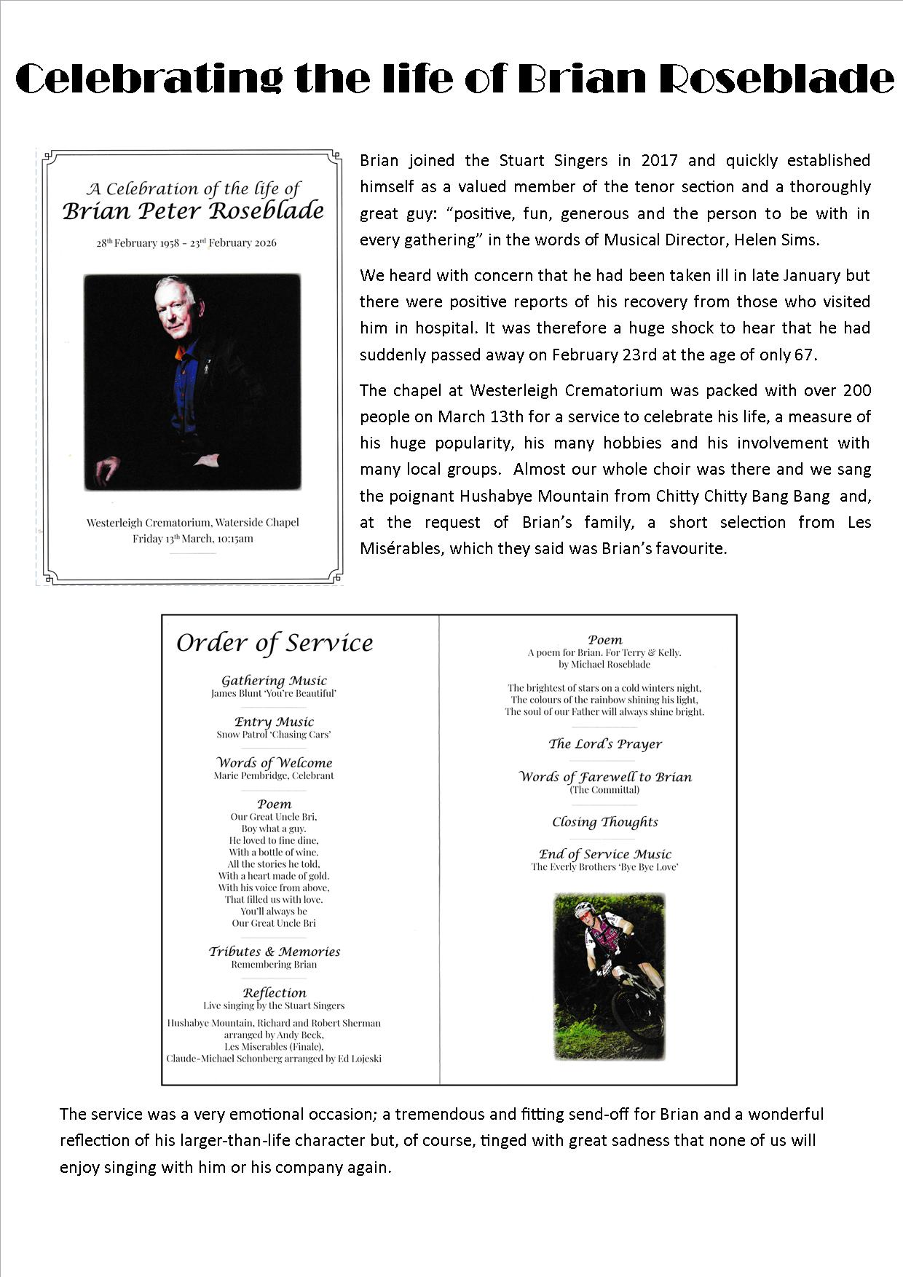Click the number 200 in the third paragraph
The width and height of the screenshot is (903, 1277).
(856, 390)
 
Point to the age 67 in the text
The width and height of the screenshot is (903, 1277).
(805, 355)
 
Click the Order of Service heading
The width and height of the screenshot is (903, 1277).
(275, 643)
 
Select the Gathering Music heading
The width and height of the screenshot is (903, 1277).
(274, 681)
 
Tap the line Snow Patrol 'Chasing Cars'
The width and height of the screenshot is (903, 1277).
(274, 735)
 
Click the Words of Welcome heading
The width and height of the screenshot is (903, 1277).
(274, 763)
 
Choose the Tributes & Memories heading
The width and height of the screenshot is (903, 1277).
(275, 952)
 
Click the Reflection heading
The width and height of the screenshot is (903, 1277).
(275, 992)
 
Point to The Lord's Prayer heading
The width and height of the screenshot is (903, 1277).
(605, 744)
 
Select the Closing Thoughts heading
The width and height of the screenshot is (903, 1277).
(605, 822)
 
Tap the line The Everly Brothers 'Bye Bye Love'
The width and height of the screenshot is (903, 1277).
(605, 867)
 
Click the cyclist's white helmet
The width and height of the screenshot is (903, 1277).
(584, 909)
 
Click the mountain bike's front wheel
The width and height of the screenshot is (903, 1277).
(638, 1016)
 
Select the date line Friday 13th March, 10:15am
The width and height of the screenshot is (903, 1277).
(193, 539)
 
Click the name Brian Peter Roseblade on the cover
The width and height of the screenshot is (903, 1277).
(193, 211)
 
